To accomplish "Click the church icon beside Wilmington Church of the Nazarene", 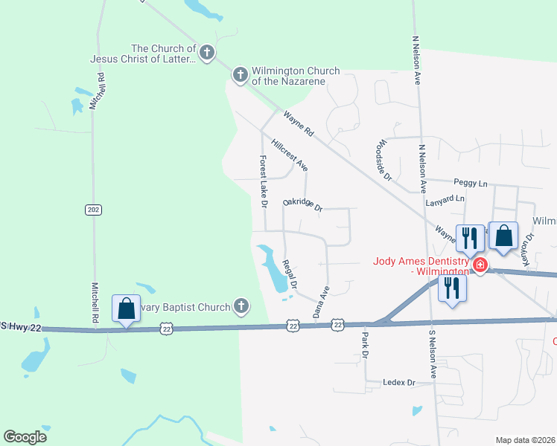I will point(240,74).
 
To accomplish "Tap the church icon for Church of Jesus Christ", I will point(207,52).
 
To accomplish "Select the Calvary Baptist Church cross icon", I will point(241,305).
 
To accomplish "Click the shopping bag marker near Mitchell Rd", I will point(126,308).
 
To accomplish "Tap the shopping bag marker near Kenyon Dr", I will point(504,236).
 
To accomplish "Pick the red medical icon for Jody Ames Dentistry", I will point(480,265).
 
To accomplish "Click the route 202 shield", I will point(92,210).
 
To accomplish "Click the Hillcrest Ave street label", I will point(290,155).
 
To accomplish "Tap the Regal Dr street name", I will point(290,274).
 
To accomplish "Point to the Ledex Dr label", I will point(398,382).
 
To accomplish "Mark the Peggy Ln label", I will point(470,182).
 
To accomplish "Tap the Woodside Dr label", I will point(384,160).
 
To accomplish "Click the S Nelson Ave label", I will point(431,355).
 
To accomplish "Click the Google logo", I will point(25,437).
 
